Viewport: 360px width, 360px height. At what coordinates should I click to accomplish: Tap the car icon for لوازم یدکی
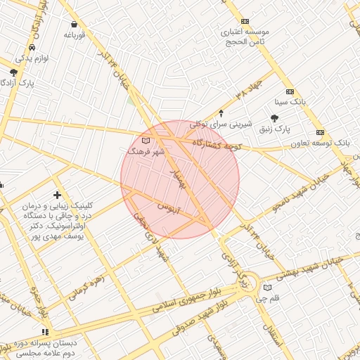30,47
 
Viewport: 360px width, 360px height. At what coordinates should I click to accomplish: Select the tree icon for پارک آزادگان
13,72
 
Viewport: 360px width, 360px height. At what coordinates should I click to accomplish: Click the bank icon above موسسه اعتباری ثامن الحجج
245,22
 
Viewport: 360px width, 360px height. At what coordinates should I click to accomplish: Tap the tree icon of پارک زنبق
274,118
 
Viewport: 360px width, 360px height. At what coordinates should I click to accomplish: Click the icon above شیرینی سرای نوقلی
221,113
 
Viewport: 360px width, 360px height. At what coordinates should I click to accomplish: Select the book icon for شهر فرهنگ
146,141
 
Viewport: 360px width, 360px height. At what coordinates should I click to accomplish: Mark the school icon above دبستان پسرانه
46,331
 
